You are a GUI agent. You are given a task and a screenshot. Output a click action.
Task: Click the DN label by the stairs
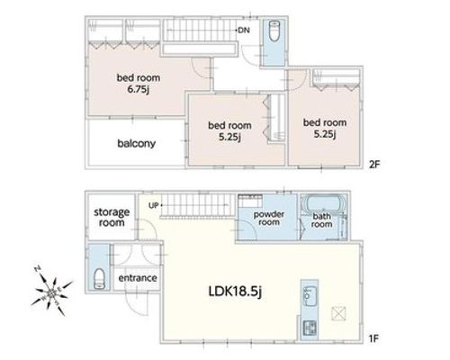pyautogui.click(x=244, y=30)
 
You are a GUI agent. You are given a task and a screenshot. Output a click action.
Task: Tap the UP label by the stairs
pyautogui.click(x=154, y=205)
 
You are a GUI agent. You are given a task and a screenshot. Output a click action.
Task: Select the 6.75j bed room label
pyautogui.click(x=139, y=84)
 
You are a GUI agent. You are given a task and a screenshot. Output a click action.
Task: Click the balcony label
pyautogui.click(x=137, y=144)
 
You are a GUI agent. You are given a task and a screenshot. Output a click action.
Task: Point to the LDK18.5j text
pyautogui.click(x=235, y=292)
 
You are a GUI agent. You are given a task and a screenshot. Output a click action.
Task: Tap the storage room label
pyautogui.click(x=112, y=217)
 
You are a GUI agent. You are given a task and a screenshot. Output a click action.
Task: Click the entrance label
pyautogui.click(x=138, y=278)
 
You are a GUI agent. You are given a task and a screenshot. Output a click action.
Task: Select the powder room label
pyautogui.click(x=269, y=218)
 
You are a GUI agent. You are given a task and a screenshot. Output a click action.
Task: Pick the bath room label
pyautogui.click(x=321, y=220)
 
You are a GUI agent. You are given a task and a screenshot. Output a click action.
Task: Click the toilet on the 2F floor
pyautogui.click(x=274, y=31)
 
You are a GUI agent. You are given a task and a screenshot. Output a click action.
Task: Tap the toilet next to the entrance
pyautogui.click(x=99, y=279)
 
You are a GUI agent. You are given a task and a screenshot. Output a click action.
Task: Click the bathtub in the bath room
pyautogui.click(x=323, y=204)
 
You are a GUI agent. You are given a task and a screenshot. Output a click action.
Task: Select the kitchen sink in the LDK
pyautogui.click(x=309, y=296)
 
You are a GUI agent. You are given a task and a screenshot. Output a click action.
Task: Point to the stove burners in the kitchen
pyautogui.click(x=310, y=328)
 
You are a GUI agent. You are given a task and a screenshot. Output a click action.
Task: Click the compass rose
pyautogui.click(x=51, y=291)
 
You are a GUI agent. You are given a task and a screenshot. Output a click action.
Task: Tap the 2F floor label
pyautogui.click(x=374, y=165)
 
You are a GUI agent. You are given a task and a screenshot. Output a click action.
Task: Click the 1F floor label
pyautogui.click(x=373, y=338)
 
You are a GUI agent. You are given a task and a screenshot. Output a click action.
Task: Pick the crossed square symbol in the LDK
pyautogui.click(x=338, y=314)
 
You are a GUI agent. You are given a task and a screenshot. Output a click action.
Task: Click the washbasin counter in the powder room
pyautogui.click(x=250, y=201)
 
